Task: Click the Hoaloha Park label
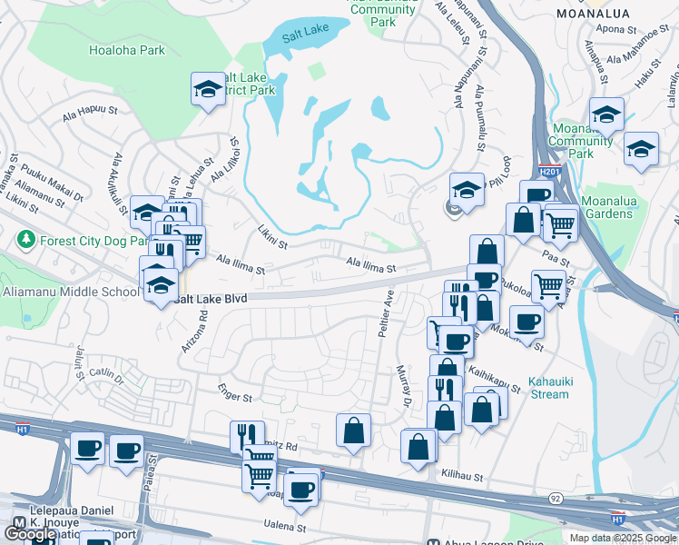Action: pos(127,50)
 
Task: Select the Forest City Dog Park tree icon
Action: pos(25,241)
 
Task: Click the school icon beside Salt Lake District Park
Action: pos(208,89)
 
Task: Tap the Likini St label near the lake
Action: pos(271,238)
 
